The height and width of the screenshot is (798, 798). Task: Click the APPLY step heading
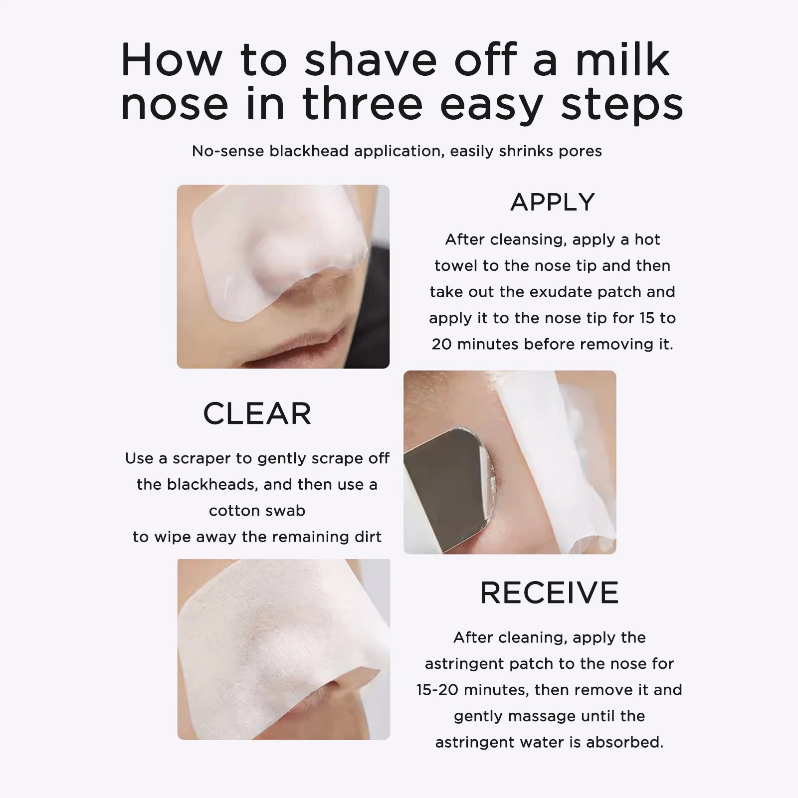click(552, 202)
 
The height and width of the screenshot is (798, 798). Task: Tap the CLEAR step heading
click(257, 413)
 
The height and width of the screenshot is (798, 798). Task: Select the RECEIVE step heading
click(549, 593)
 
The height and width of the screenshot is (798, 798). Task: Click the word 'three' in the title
click(363, 104)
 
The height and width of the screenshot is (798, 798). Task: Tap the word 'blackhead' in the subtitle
click(309, 151)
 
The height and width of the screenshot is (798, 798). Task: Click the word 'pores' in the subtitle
click(580, 151)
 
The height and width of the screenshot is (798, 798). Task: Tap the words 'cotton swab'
click(257, 510)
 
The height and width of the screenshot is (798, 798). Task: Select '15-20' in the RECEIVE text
click(437, 690)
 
